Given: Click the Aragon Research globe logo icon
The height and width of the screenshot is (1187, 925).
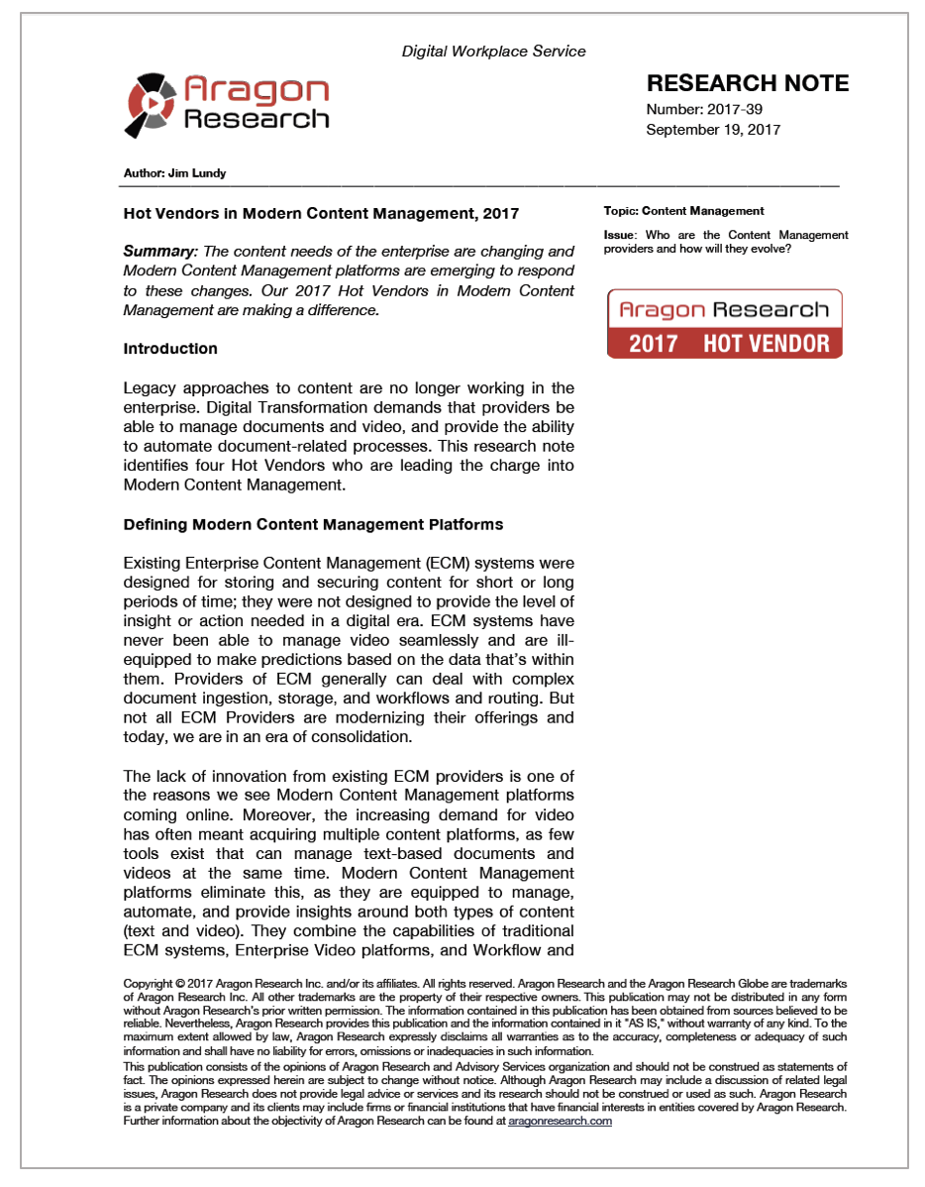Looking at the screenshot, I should pyautogui.click(x=153, y=103).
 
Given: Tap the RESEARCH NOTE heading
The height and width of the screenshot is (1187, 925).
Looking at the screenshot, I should pyautogui.click(x=748, y=83).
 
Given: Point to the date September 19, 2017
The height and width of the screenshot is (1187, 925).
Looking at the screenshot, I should pyautogui.click(x=713, y=130).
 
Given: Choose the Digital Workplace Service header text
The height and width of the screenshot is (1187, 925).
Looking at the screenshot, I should pyautogui.click(x=493, y=51).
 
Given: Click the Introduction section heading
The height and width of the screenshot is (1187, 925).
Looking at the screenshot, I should pyautogui.click(x=170, y=349).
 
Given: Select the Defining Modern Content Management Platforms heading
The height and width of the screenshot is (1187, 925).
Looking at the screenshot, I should pyautogui.click(x=313, y=524).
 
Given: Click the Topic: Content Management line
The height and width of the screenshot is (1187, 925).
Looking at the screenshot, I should pyautogui.click(x=683, y=211).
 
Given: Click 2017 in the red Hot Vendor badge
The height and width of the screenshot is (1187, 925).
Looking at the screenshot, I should pyautogui.click(x=654, y=344).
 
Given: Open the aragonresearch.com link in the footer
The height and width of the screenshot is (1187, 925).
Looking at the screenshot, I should pyautogui.click(x=560, y=1121).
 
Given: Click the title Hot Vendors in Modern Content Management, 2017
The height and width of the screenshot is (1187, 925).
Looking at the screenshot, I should pyautogui.click(x=321, y=213).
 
